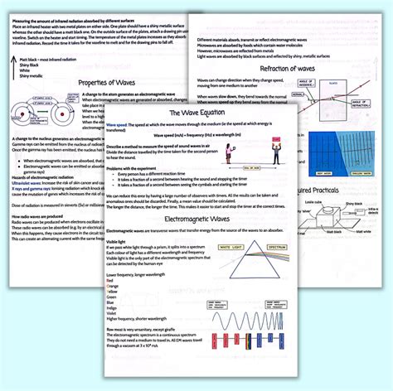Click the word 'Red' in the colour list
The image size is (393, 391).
pyautogui.click(x=110, y=281)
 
